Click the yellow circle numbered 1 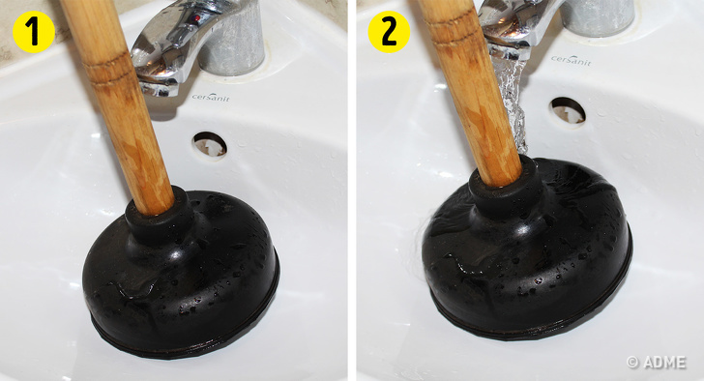point(34,31)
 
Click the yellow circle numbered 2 point(389,32)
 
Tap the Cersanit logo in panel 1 point(211,97)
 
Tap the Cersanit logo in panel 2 point(572,60)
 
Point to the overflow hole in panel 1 point(210,145)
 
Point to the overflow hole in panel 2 point(568,111)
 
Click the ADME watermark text point(657,362)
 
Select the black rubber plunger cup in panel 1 point(181,276)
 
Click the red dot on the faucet point(196,18)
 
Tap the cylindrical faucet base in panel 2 point(598,17)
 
